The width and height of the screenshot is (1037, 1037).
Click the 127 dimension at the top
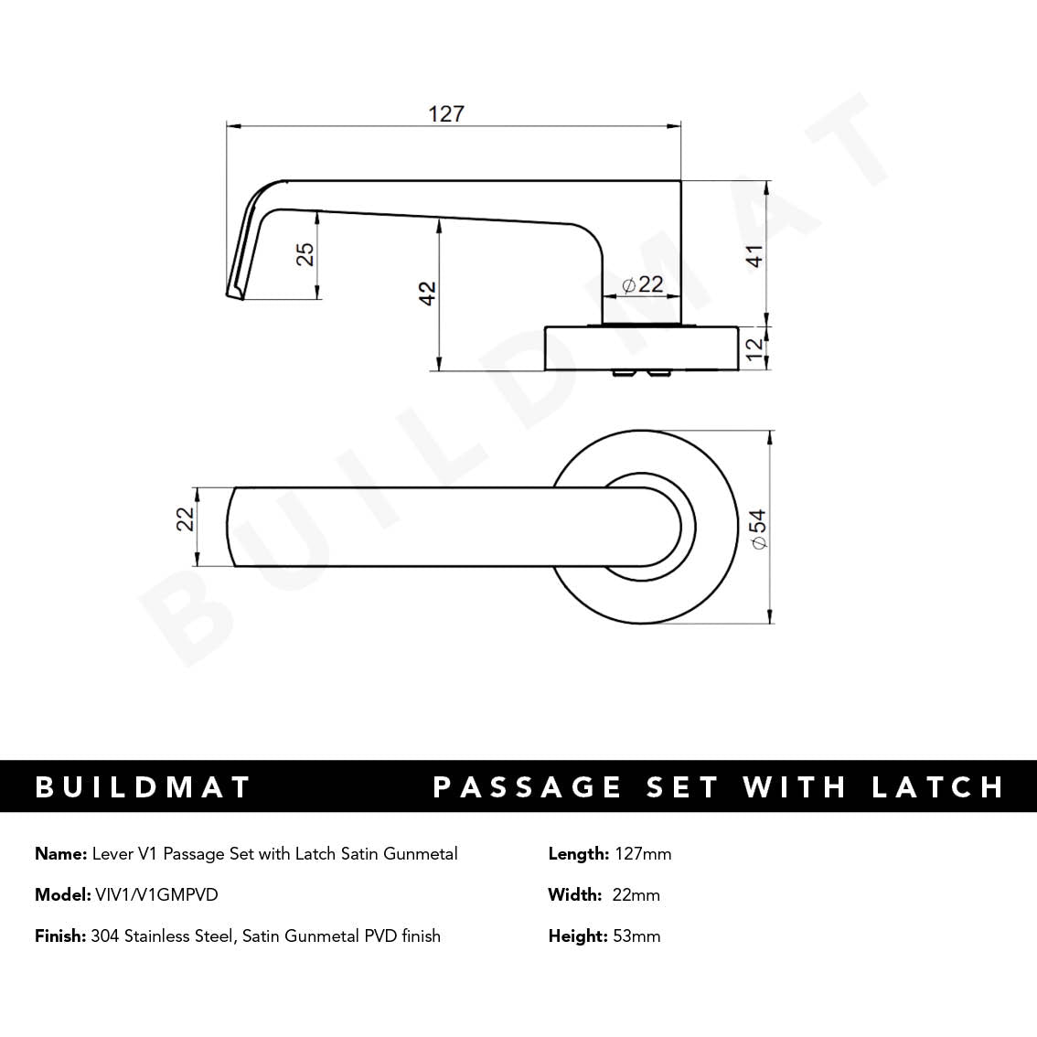pyautogui.click(x=446, y=113)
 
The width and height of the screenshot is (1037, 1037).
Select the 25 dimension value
pyautogui.click(x=306, y=253)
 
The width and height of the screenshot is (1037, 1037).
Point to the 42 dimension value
pyautogui.click(x=427, y=294)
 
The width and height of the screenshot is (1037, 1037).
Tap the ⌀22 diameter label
pyautogui.click(x=642, y=284)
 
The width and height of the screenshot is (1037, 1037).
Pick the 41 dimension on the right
pyautogui.click(x=754, y=256)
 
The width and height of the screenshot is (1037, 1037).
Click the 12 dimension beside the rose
pyautogui.click(x=754, y=348)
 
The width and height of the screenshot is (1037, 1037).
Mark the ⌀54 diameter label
pyautogui.click(x=757, y=529)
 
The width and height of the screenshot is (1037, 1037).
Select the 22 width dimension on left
pyautogui.click(x=186, y=518)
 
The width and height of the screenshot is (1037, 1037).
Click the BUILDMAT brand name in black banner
pyautogui.click(x=143, y=786)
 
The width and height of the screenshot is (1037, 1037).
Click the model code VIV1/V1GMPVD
pyautogui.click(x=156, y=894)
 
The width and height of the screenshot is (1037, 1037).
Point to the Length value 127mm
pyautogui.click(x=643, y=853)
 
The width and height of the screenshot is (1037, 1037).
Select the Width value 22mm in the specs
pyautogui.click(x=636, y=894)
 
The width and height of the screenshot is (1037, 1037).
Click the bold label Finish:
pyautogui.click(x=60, y=935)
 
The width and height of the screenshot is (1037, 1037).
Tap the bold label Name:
pyautogui.click(x=61, y=853)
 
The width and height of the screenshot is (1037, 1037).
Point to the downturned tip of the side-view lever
pyautogui.click(x=234, y=290)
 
